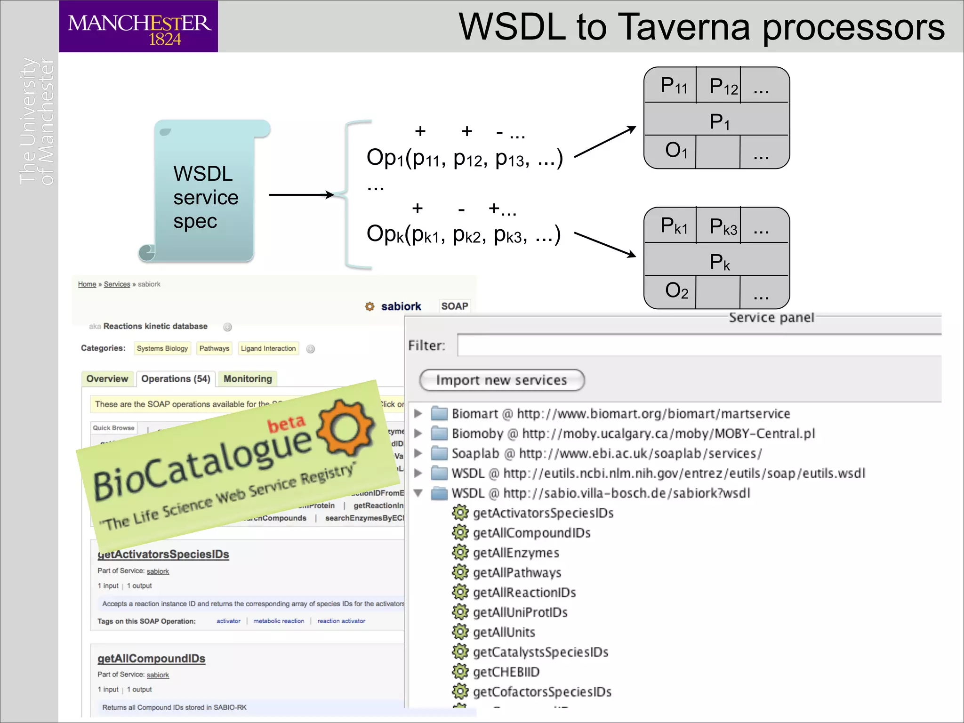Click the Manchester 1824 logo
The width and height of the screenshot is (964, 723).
pos(138,26)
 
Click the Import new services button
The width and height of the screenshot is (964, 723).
pos(501,380)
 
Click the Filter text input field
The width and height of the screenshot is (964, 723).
pos(699,345)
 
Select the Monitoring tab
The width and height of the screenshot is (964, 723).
pos(248,379)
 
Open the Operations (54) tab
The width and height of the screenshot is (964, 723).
pos(176,379)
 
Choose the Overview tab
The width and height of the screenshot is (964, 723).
pos(107,379)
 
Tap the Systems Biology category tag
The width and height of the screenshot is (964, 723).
pos(162,348)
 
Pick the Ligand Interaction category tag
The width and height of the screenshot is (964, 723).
pos(268,348)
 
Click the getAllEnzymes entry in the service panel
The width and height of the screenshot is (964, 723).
pos(516,553)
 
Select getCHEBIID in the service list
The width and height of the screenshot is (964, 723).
pos(506,672)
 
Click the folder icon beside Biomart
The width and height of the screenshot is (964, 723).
pos(440,413)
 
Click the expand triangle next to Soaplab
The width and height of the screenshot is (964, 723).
pos(418,453)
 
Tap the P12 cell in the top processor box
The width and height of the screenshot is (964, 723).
pos(719,86)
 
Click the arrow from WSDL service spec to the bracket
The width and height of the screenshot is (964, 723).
pos(301,195)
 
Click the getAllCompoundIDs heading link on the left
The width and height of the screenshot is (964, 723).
pos(152,658)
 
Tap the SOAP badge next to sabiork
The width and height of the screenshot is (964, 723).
pos(455,306)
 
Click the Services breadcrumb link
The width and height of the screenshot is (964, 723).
pos(117,284)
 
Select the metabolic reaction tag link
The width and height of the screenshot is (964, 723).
pos(279,621)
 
